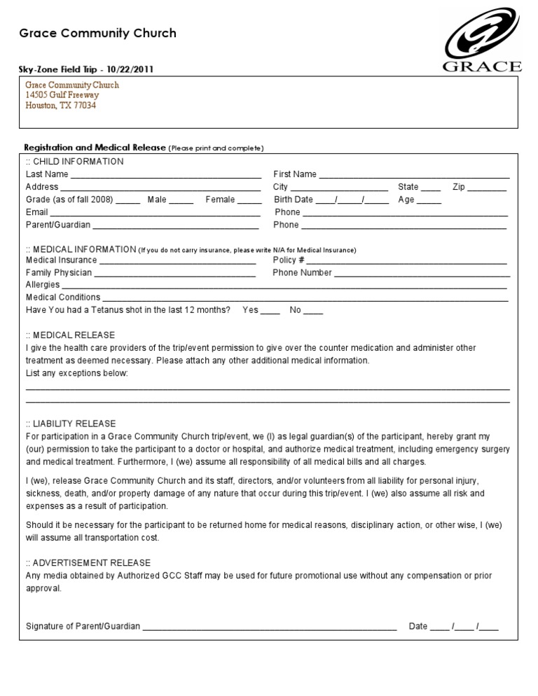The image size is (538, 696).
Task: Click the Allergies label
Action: point(43,285)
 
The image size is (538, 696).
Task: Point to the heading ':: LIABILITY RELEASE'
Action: point(71,424)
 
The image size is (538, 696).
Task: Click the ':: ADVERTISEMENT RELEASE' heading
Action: point(88,562)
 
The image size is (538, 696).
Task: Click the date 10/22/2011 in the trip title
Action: point(132,69)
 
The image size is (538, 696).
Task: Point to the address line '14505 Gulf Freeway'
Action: point(62,95)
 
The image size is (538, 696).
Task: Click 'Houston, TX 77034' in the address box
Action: point(61,106)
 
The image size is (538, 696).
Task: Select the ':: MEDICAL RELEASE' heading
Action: point(70,335)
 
